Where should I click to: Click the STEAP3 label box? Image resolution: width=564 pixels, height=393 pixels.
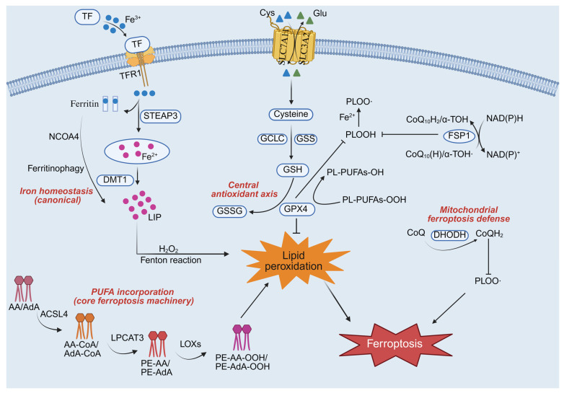[x=160, y=116]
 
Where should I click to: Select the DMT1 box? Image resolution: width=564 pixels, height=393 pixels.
[x=115, y=180]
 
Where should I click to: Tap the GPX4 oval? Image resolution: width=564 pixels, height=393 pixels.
[x=296, y=209]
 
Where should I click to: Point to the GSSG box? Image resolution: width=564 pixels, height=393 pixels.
[x=230, y=211]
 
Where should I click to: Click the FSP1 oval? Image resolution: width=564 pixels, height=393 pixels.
[x=459, y=136]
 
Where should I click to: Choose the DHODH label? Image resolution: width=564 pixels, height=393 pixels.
[x=449, y=235]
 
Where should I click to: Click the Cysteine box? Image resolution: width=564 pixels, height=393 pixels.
[x=291, y=115]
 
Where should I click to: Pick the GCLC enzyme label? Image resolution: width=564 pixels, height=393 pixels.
[x=273, y=138]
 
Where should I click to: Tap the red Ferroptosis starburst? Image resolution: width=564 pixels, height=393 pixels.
[x=395, y=344]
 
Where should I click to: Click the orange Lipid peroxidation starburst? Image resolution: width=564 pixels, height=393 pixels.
[x=294, y=260]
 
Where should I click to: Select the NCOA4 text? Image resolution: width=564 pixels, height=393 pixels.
[x=64, y=136]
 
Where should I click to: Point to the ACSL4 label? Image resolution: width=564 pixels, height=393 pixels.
[x=54, y=314]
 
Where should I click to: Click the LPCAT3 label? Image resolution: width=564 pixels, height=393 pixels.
[x=128, y=337]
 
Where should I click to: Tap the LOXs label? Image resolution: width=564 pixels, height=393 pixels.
[x=190, y=344]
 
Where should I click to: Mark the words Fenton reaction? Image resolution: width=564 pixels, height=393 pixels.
[x=171, y=260]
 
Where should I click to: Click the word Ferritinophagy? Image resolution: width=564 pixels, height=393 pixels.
[x=56, y=168]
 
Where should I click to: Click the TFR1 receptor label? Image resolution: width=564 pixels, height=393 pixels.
[x=131, y=75]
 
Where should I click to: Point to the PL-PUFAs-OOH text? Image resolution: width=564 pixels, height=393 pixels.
[x=374, y=200]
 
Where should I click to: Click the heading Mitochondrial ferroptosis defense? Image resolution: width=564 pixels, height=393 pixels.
[x=469, y=214]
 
